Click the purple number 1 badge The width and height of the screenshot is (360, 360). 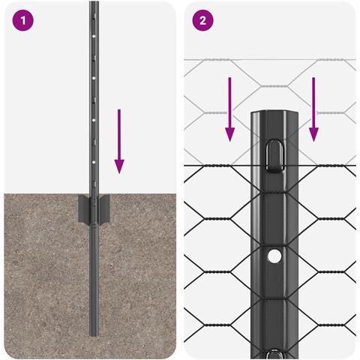click(x=24, y=20)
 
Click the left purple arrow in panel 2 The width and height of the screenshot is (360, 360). click(x=230, y=108)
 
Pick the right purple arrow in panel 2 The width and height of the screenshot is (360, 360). click(x=313, y=108)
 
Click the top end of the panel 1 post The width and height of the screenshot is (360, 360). click(x=94, y=4)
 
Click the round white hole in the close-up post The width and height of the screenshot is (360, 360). click(x=274, y=256)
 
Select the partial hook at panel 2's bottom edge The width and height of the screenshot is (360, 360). click(x=274, y=353)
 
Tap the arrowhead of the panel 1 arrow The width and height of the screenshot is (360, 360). click(x=119, y=166)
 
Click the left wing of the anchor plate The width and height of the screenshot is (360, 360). click(x=82, y=207)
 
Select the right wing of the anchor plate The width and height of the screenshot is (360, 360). click(x=105, y=207)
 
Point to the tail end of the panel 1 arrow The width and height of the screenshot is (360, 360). click(x=119, y=111)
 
